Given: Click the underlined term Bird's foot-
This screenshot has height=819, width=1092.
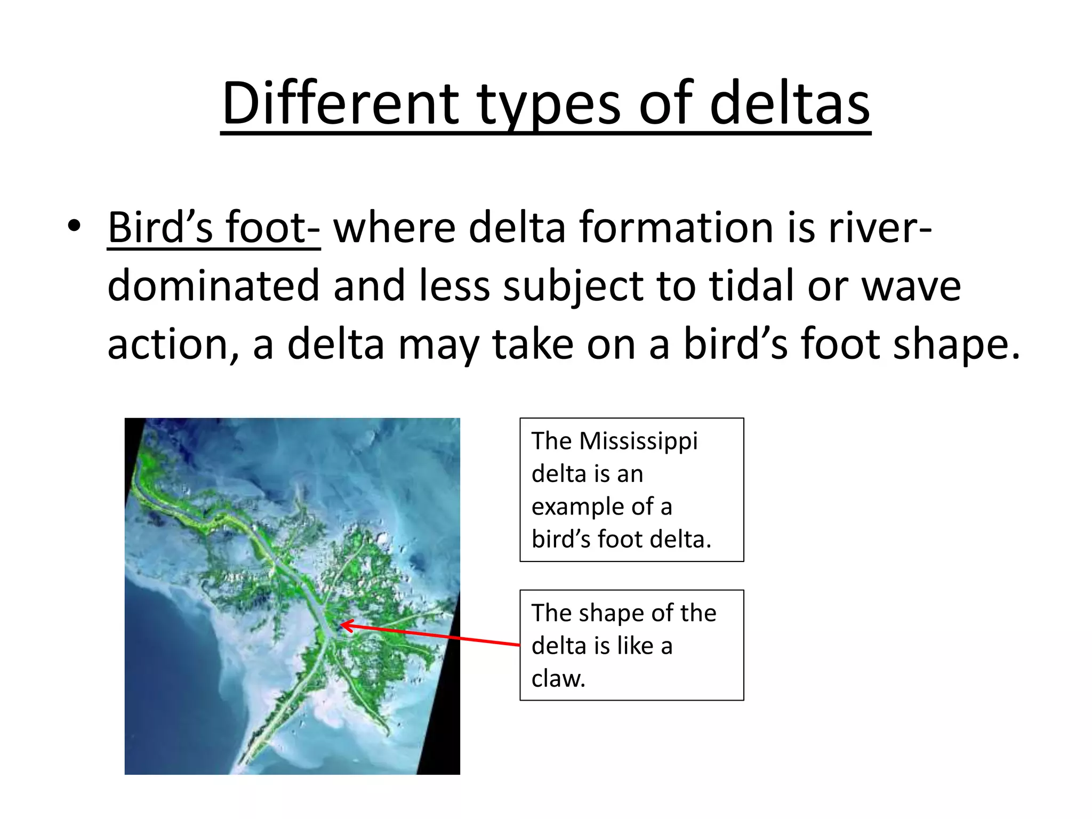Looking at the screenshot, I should point(213,228).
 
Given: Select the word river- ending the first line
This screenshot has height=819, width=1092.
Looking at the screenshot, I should point(880,228).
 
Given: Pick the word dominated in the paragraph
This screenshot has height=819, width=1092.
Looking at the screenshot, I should point(213,286).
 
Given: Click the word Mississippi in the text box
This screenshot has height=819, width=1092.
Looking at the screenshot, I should point(638,441).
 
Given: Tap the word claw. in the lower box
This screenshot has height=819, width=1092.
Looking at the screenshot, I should point(558,678).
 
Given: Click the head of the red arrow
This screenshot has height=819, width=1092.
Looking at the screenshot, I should point(343,624).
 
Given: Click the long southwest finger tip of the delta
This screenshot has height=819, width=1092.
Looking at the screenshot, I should point(243,760).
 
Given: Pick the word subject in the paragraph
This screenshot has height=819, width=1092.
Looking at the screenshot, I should point(573,287).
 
